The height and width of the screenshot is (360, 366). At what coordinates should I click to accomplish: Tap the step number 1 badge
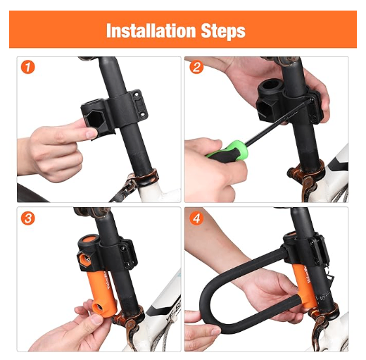[x=27, y=68]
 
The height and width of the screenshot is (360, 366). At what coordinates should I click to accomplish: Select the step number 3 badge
[x=27, y=219]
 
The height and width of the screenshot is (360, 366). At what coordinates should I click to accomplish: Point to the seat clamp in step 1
[x=141, y=179]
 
